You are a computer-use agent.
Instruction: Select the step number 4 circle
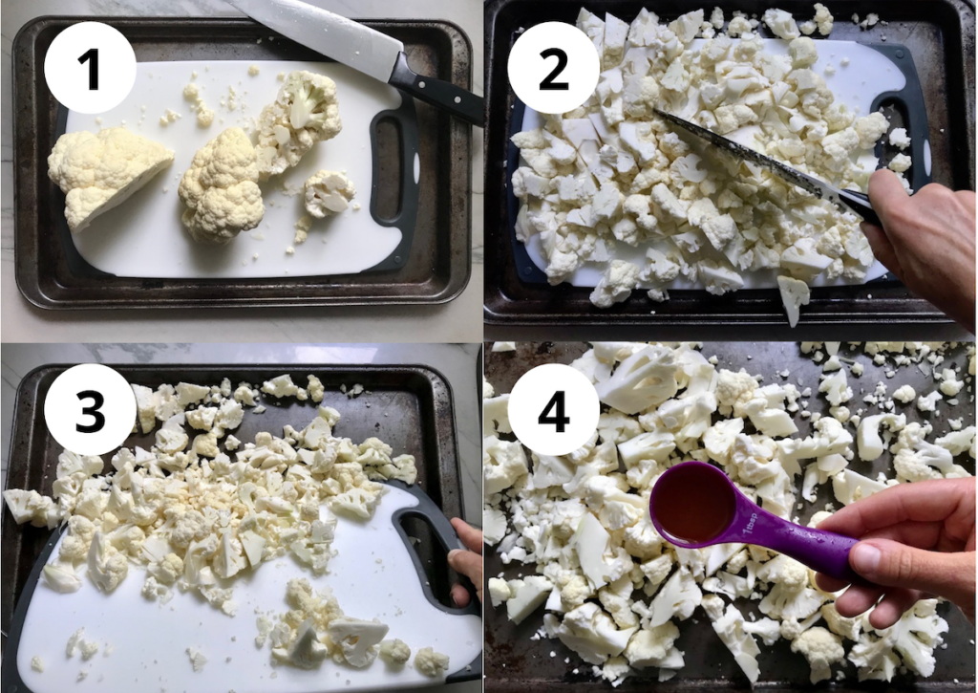click(554, 409)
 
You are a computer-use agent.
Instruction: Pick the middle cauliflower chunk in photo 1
click(222, 186)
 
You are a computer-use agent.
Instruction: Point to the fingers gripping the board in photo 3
click(467, 564)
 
